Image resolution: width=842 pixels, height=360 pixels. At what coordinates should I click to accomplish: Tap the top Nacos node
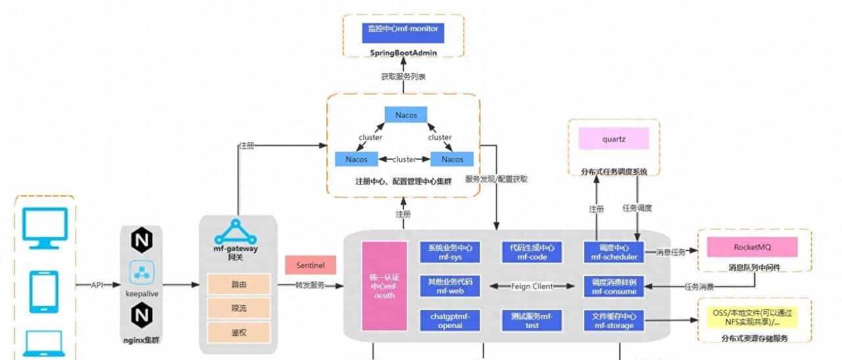click(406, 115)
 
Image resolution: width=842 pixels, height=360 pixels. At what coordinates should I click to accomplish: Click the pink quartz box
click(614, 139)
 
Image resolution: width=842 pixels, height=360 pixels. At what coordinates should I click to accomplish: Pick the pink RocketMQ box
click(752, 247)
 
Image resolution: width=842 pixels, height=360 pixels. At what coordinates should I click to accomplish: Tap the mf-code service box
click(532, 252)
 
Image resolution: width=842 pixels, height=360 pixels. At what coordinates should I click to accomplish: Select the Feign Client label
click(532, 286)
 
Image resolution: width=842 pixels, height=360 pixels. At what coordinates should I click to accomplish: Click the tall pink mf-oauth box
click(385, 286)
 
